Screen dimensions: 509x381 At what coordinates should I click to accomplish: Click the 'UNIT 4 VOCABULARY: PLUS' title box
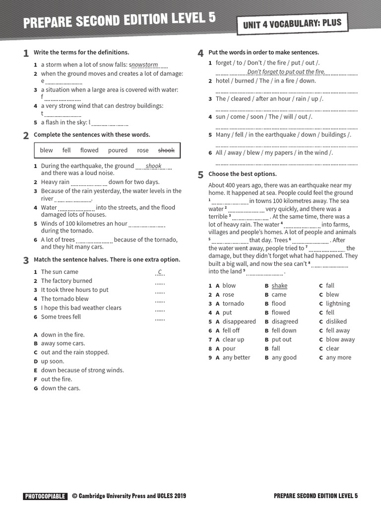[x=292, y=23]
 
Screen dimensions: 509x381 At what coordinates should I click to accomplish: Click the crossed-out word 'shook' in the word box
[x=166, y=150]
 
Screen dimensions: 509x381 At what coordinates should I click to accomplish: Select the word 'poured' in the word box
[x=118, y=150]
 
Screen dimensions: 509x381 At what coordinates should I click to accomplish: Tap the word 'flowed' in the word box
[x=89, y=150]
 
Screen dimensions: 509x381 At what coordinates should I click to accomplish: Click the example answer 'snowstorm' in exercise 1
[x=145, y=65]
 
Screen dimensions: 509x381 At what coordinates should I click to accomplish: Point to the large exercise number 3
[x=26, y=260]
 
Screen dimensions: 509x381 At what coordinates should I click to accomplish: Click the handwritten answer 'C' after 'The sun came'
[x=160, y=272]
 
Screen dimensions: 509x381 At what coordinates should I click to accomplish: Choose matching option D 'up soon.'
[x=53, y=361]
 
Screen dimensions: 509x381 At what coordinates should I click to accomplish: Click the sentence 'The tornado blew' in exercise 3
[x=64, y=299]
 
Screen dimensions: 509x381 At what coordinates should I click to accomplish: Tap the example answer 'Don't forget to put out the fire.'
[x=286, y=72]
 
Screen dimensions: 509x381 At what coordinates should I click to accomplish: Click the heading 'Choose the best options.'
[x=242, y=174]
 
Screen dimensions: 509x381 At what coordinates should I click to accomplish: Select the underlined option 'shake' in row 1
[x=279, y=286]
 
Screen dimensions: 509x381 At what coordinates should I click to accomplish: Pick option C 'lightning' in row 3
[x=337, y=304]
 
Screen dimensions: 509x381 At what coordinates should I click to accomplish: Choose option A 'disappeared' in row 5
[x=239, y=322]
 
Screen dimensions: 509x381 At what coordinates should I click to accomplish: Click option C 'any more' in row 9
[x=338, y=357]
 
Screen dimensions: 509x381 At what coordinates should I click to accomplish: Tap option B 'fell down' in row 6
[x=284, y=331]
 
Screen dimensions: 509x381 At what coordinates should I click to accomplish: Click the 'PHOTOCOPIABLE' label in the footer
[x=45, y=496]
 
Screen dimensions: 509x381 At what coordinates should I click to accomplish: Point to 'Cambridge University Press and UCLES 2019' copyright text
[x=132, y=496]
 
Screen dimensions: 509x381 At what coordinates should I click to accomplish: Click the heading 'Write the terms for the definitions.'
[x=81, y=52]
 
